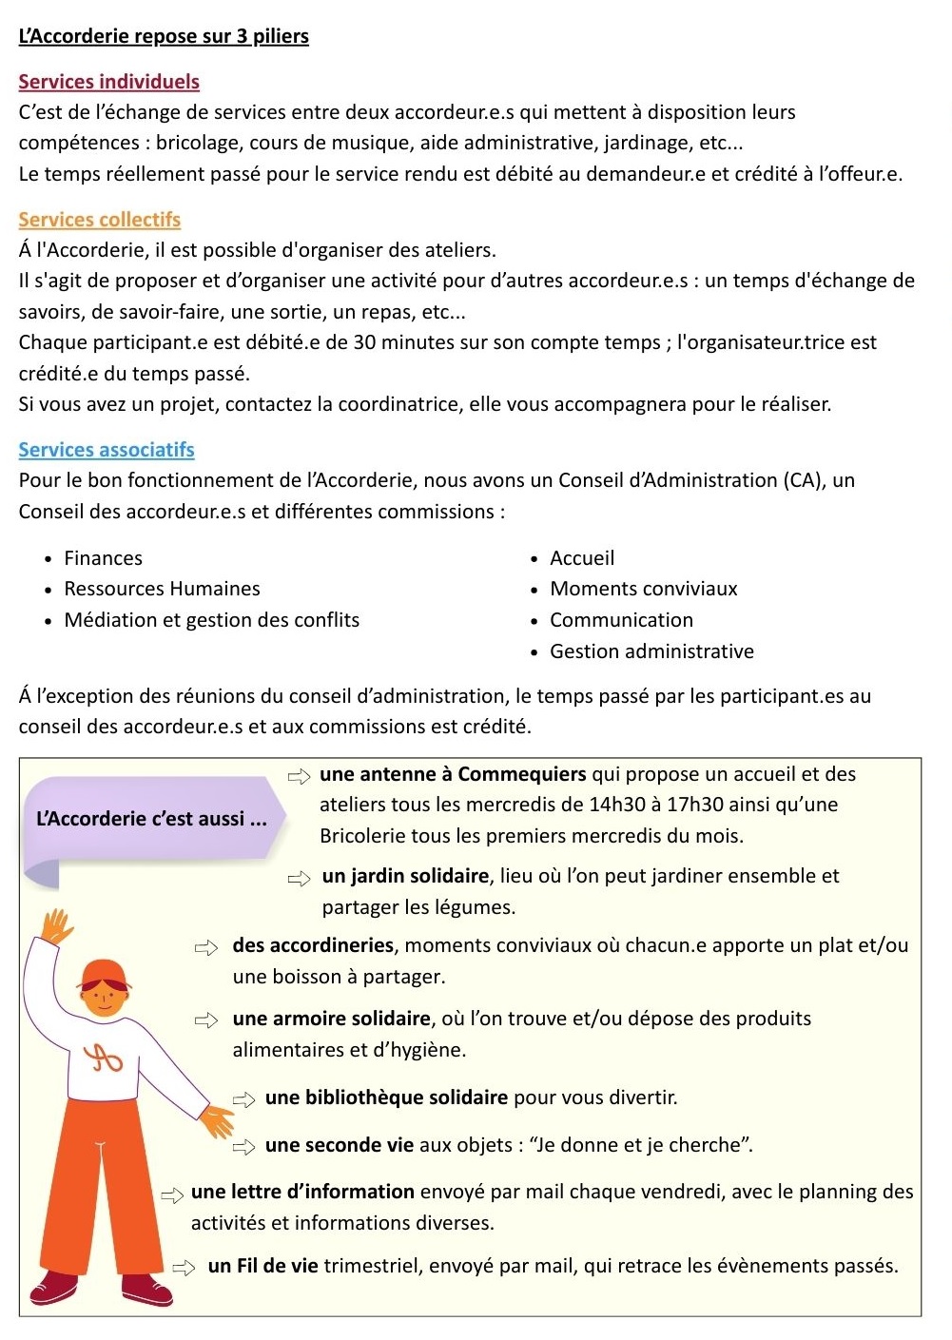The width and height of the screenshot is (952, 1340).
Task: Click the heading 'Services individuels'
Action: click(108, 82)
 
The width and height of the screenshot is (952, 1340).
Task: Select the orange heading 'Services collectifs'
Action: click(99, 220)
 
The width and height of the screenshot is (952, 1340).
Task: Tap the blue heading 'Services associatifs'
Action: click(107, 450)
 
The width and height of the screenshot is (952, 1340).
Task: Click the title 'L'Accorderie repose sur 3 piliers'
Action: click(164, 36)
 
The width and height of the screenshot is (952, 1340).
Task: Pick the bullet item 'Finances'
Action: click(103, 558)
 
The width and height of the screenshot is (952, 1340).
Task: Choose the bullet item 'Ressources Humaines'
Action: click(162, 589)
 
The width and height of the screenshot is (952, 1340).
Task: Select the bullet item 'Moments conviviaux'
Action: click(643, 589)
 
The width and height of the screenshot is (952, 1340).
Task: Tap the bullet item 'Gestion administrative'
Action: click(651, 651)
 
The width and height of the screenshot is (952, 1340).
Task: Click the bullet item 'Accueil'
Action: click(582, 558)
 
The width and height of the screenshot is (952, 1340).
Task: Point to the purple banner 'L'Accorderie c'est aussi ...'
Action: click(152, 819)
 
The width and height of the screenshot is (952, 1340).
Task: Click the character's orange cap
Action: click(104, 974)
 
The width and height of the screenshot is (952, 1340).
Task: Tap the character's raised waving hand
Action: click(57, 924)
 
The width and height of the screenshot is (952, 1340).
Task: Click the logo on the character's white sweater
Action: click(105, 1057)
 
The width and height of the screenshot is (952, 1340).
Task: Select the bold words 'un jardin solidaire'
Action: click(405, 876)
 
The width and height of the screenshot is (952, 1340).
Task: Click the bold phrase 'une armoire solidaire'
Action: click(331, 1019)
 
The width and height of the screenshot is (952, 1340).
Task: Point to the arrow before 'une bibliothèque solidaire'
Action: click(244, 1099)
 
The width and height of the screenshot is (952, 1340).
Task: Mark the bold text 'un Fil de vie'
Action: click(262, 1266)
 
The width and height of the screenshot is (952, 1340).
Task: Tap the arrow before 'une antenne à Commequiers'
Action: click(300, 776)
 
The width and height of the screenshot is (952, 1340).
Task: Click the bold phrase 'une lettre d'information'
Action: click(302, 1192)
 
